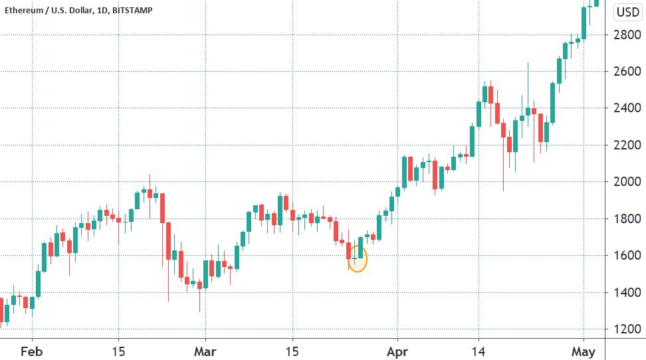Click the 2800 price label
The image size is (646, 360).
(627, 35)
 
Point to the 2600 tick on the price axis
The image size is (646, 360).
(627, 71)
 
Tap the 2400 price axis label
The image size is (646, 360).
(627, 108)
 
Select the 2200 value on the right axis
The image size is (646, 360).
(627, 145)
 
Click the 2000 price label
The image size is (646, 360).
(627, 181)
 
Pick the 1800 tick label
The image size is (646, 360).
(627, 219)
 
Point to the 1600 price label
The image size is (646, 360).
(627, 255)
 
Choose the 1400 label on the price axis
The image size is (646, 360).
(627, 292)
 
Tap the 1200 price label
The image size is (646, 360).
(627, 329)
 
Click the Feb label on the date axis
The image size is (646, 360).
(32, 352)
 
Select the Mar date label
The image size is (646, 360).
(205, 352)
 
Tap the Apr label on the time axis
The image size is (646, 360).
(397, 352)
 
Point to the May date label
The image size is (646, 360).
(584, 352)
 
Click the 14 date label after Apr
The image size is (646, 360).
(479, 352)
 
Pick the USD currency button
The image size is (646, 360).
(628, 12)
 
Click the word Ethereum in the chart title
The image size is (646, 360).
(24, 11)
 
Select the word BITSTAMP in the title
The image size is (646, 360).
(132, 11)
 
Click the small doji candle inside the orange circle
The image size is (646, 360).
(354, 258)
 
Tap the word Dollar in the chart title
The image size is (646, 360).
(82, 11)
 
